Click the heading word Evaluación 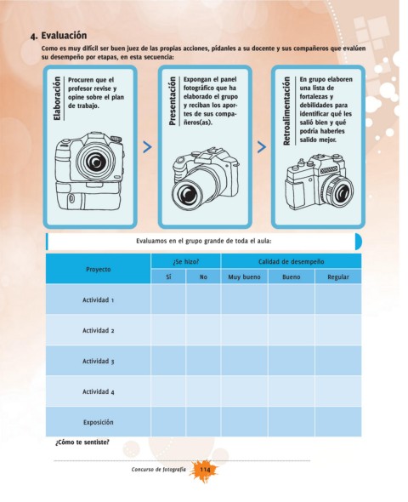point(64,35)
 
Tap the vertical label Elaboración point(57,99)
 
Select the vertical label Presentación point(173,101)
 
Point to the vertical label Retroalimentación point(286,111)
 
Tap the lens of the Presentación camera point(188,194)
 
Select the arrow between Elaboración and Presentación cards point(147,147)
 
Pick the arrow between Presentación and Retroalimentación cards point(262,147)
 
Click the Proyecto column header point(98,269)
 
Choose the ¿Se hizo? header point(186,261)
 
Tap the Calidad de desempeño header point(291,261)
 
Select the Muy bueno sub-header point(244,277)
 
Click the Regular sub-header point(338,277)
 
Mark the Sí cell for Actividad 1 point(168,299)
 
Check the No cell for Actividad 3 point(203,361)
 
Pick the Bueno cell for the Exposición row point(292,422)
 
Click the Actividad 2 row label point(98,330)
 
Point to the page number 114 point(205,470)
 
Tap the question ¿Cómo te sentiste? point(82,442)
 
